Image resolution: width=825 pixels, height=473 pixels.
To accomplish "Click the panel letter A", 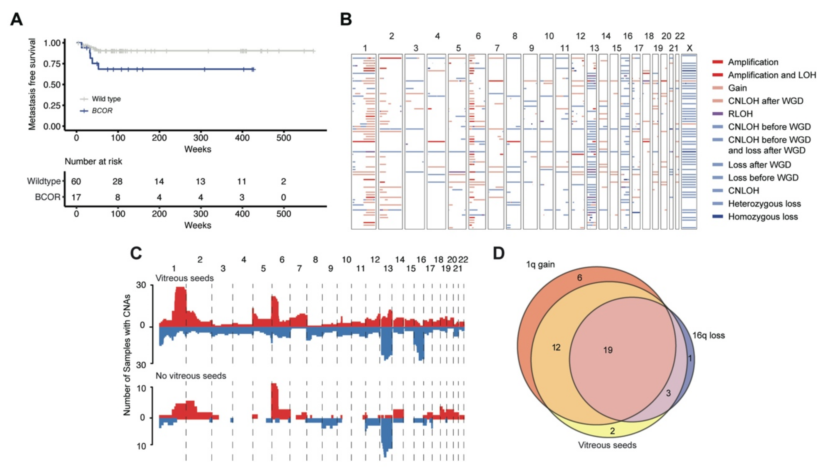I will (17, 19).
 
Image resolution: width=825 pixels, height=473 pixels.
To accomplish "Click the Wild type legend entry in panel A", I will (106, 99).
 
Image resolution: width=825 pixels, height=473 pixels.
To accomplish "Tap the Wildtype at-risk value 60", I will (76, 181).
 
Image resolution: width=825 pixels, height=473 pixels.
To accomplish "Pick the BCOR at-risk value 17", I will (76, 197).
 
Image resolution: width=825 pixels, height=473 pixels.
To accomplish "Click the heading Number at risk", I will (93, 161).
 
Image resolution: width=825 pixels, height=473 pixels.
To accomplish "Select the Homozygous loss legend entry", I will (763, 217).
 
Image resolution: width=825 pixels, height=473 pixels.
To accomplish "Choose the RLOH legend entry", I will (740, 114).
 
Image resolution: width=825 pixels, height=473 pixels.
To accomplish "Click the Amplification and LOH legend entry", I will (772, 75).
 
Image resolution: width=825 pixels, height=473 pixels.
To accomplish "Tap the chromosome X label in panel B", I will (689, 48).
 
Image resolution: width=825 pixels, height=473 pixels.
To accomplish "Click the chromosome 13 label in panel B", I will (594, 48).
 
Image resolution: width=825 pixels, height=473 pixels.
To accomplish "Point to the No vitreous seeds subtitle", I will (191, 376).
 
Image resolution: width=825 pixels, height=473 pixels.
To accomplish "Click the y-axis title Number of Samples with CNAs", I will (127, 355).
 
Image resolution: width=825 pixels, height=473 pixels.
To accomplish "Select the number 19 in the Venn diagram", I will (608, 350).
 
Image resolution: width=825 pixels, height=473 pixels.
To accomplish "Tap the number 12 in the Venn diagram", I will (556, 347).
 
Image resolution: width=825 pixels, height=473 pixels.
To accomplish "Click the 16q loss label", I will (708, 335).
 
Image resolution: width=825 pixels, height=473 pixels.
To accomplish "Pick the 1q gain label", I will (540, 265).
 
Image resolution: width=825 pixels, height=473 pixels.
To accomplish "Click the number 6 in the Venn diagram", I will (579, 278).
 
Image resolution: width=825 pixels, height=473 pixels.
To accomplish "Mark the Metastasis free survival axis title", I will (32, 84).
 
